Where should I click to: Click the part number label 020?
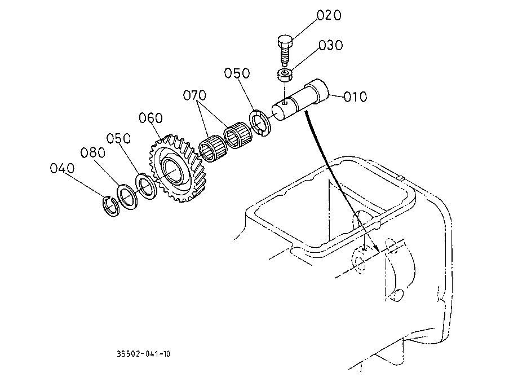click(x=329, y=15)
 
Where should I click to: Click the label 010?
click(x=355, y=97)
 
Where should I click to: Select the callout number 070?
click(x=194, y=95)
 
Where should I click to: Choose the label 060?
click(x=150, y=118)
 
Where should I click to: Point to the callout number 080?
click(x=92, y=152)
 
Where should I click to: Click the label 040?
click(x=62, y=168)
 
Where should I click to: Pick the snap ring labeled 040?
click(x=110, y=206)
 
